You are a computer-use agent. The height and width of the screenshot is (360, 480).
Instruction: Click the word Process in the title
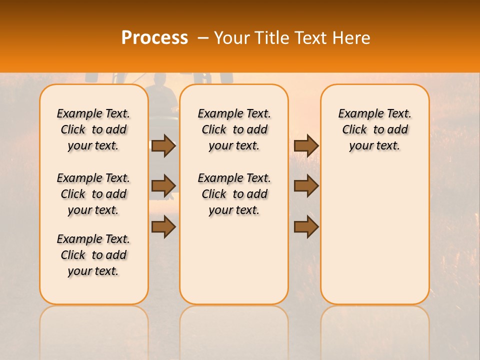[154, 38]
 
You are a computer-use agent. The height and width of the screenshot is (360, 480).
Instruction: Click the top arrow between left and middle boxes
[163, 145]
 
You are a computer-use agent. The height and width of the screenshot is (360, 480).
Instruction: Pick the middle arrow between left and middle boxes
[163, 186]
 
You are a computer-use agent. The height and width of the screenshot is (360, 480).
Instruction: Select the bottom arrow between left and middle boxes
[163, 227]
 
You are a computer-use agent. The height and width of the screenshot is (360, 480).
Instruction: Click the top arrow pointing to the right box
[306, 145]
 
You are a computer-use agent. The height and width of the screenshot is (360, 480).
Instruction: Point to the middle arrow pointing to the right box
[306, 186]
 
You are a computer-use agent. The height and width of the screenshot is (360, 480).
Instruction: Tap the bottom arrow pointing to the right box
[306, 227]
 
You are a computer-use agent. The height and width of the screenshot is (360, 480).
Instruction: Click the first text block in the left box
[93, 129]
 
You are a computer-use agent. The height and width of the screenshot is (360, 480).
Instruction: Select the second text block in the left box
[93, 194]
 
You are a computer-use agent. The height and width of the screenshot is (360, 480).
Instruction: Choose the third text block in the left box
[93, 255]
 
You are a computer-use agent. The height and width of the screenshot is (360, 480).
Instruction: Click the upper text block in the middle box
[234, 129]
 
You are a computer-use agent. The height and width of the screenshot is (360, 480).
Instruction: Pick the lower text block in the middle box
[234, 194]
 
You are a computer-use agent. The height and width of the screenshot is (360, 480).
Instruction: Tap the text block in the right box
[374, 129]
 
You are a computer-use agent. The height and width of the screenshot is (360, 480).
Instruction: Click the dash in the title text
[203, 38]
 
